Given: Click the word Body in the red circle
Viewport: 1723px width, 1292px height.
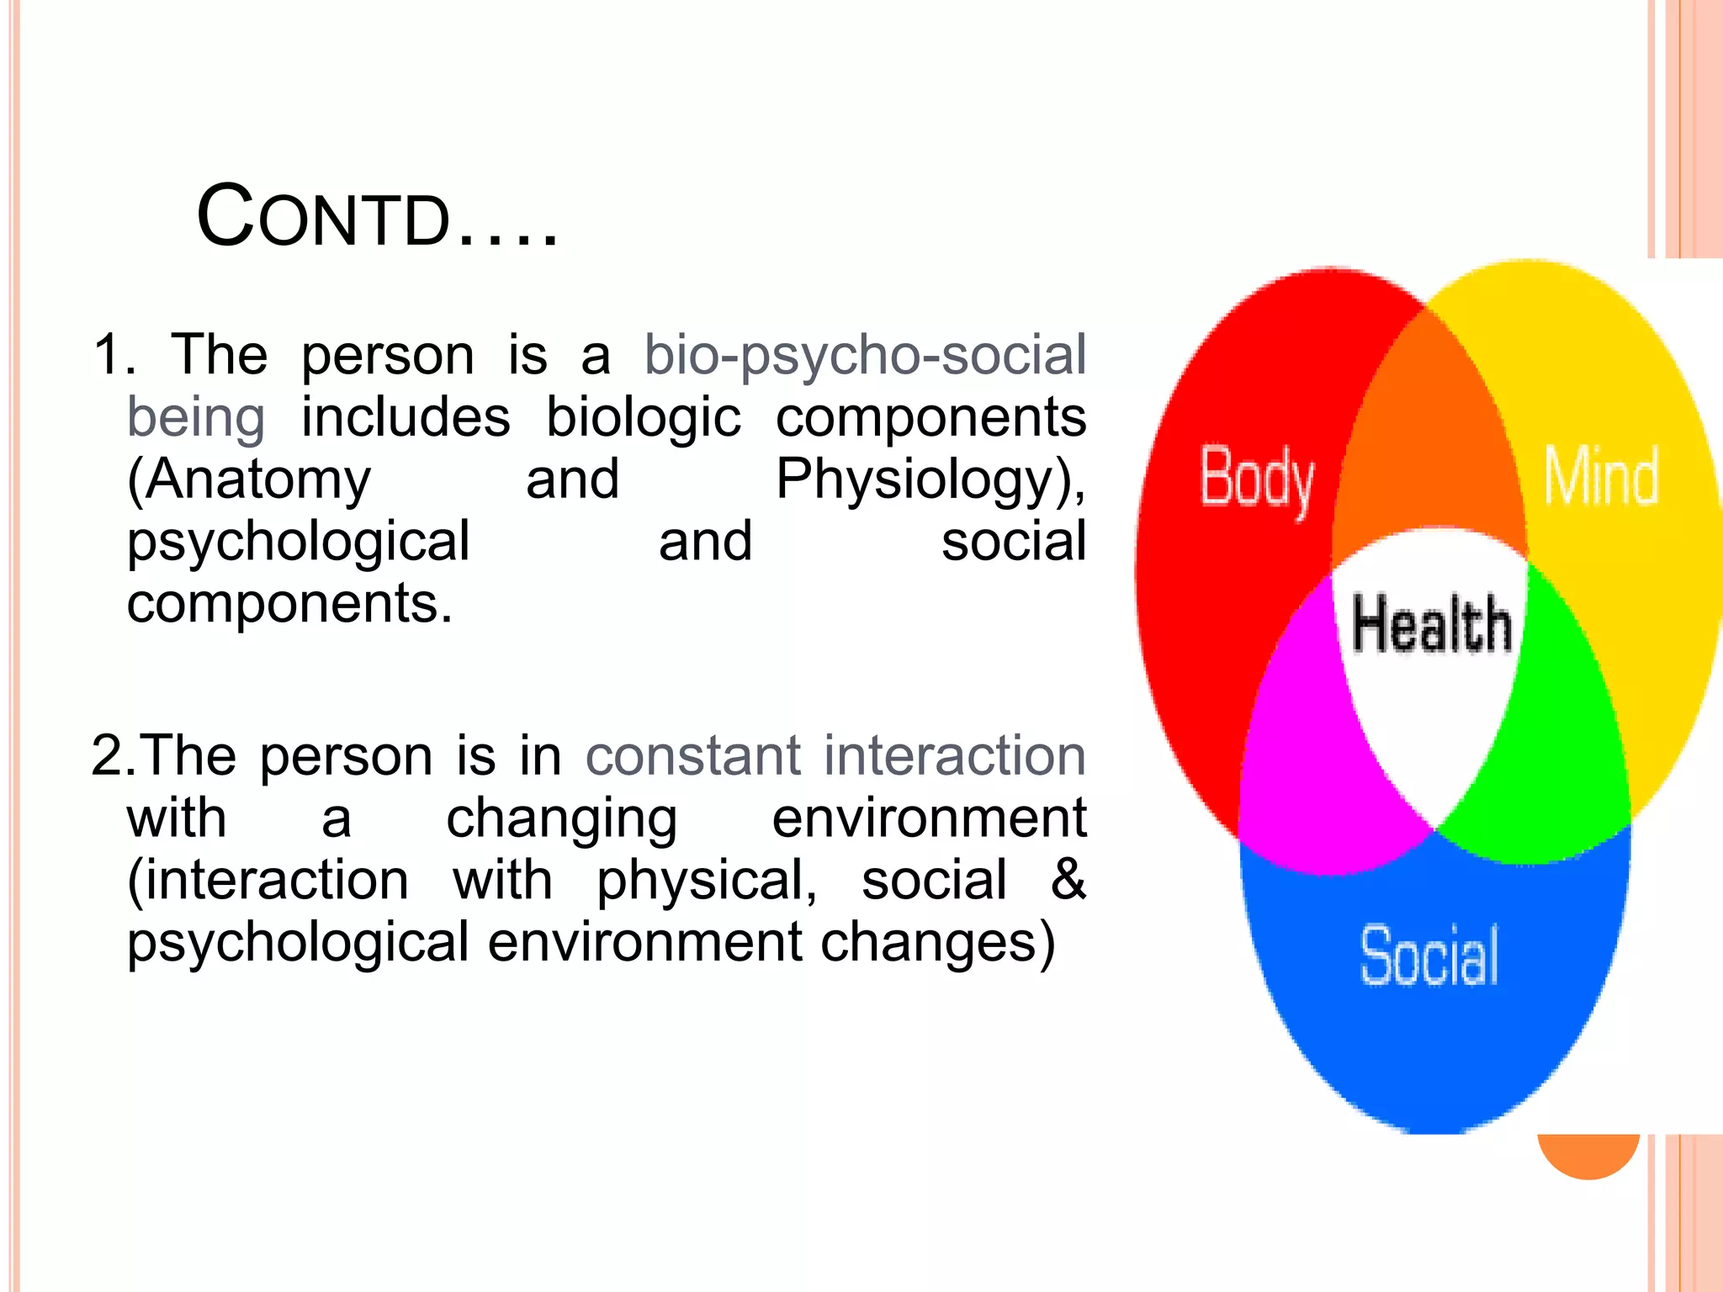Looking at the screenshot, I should coord(1256,479).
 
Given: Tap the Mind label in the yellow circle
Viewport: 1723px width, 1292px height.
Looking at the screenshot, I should coord(1601,477).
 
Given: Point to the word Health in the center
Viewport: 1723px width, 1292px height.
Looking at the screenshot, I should coord(1431,624).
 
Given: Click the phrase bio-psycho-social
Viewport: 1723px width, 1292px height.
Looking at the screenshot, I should coord(865,354).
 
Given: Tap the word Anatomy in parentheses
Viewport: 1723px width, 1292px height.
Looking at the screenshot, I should coord(249,479).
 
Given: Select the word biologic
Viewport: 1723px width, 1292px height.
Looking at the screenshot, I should coord(644,417).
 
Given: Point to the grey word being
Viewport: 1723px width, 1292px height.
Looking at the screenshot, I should coord(196,417).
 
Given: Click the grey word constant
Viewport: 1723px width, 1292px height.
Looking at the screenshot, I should coord(692,755).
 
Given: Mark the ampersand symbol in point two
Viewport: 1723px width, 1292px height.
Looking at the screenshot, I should coord(1068,880).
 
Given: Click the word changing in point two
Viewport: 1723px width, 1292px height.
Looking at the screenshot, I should coord(561,818).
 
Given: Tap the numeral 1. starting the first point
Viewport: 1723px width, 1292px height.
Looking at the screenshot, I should coord(114,354).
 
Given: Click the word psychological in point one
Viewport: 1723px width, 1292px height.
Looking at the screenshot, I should coord(298,542).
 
